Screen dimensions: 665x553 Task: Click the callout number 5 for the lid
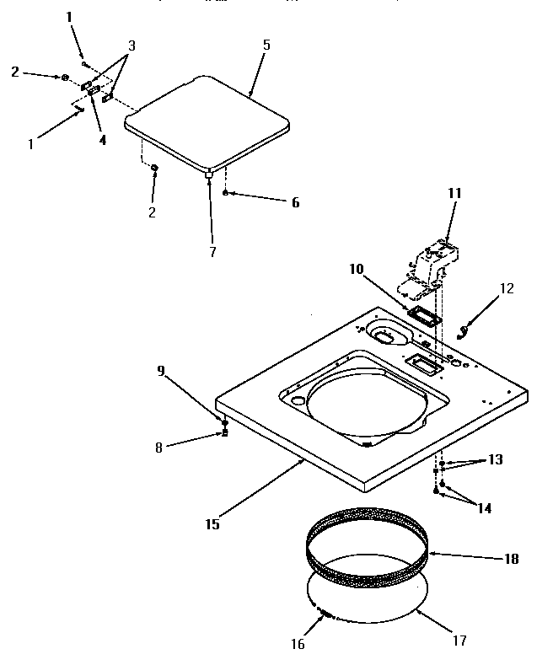(x=266, y=43)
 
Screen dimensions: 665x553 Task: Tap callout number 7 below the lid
(x=212, y=251)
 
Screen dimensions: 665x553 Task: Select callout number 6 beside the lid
(x=271, y=202)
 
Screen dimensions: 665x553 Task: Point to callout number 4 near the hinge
(x=102, y=140)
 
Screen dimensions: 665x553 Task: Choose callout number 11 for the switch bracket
(x=455, y=193)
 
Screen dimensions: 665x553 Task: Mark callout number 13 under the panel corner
(x=495, y=460)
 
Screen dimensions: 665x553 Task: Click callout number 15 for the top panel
(x=212, y=523)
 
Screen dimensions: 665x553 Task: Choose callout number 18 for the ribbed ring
(x=510, y=558)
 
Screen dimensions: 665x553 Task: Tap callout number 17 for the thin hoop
(x=459, y=640)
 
